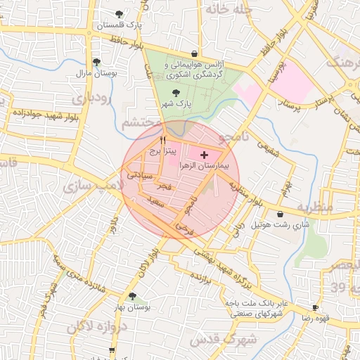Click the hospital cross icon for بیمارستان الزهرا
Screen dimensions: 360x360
(x=205, y=154)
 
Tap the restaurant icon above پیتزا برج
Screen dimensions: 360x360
(x=162, y=140)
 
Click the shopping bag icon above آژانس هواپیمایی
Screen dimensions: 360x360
(x=194, y=53)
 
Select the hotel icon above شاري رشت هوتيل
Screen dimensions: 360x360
(x=281, y=214)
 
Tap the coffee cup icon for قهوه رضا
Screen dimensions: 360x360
(x=314, y=307)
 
